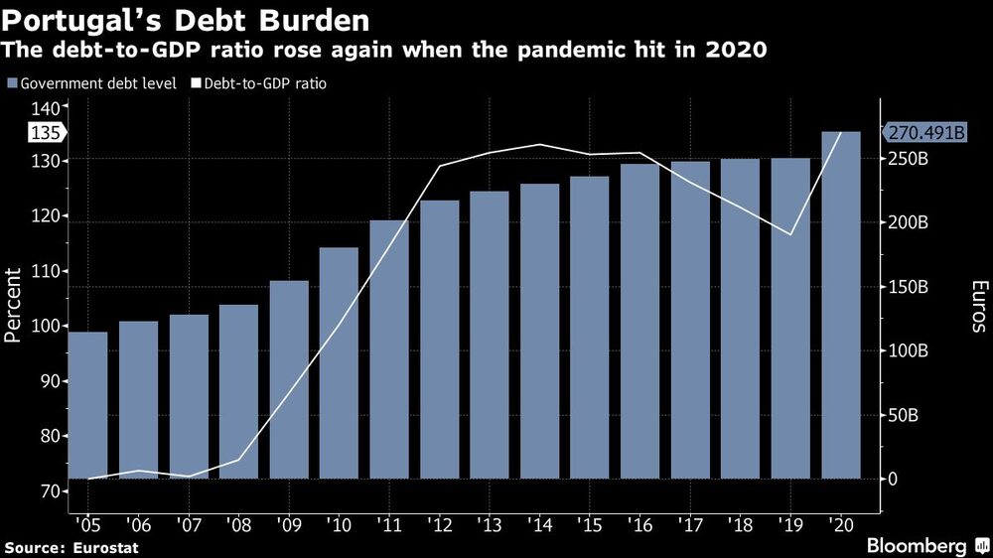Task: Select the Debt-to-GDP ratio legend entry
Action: [264, 83]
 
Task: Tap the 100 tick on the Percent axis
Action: [47, 326]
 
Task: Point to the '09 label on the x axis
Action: [288, 524]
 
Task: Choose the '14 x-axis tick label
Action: [539, 524]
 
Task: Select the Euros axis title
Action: [978, 306]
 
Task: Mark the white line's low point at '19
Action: [790, 234]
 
